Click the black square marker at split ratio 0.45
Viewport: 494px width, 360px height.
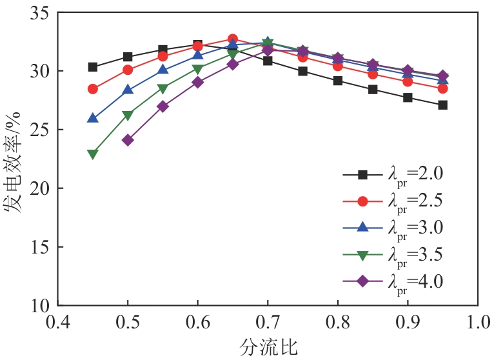point(93,67)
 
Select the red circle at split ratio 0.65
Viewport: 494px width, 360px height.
point(233,39)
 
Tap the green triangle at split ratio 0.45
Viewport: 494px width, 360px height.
point(93,154)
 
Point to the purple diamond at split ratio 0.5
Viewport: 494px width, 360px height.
point(128,140)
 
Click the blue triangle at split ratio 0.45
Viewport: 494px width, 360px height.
point(93,118)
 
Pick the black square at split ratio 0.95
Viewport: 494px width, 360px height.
point(442,105)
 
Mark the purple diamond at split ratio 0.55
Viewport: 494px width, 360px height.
point(163,106)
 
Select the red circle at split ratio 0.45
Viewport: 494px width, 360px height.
point(93,89)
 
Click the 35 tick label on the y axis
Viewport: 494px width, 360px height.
point(41,12)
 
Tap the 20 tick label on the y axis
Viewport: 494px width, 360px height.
point(41,188)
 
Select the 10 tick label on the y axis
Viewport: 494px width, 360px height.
point(41,305)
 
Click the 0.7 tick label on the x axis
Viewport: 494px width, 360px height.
point(268,321)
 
